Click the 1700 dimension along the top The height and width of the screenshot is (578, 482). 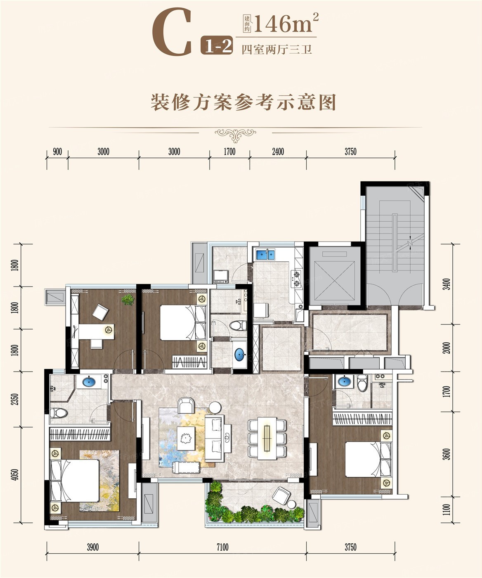pyautogui.click(x=230, y=152)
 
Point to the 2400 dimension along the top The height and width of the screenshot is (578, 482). pyautogui.click(x=278, y=152)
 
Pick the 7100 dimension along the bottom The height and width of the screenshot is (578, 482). pyautogui.click(x=223, y=547)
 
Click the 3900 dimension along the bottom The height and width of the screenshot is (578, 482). pyautogui.click(x=93, y=547)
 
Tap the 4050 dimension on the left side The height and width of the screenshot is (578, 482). pyautogui.click(x=16, y=475)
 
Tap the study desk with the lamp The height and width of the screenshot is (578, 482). pyautogui.click(x=96, y=332)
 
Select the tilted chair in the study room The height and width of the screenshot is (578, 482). pyautogui.click(x=100, y=312)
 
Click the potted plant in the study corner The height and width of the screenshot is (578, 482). pyautogui.click(x=128, y=299)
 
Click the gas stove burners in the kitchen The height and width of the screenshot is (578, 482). pyautogui.click(x=297, y=279)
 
